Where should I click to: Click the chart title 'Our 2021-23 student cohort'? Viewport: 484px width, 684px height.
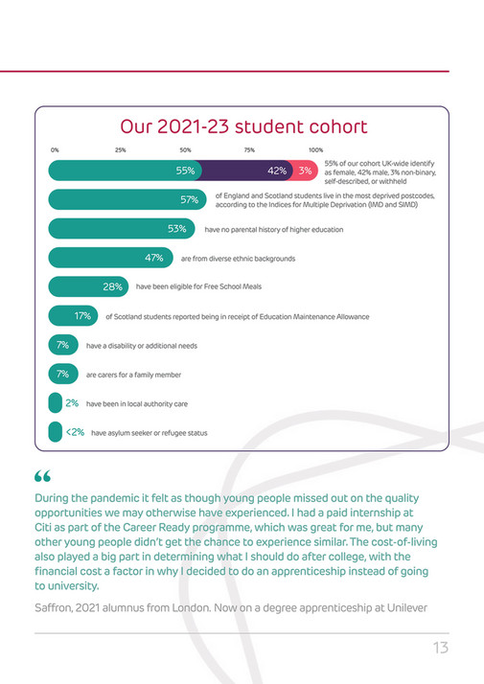click(242, 126)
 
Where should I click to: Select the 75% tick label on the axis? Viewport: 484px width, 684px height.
click(249, 150)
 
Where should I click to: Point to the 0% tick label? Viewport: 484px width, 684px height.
click(55, 150)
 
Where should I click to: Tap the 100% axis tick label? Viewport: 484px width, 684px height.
click(315, 150)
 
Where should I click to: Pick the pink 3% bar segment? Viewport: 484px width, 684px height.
click(306, 171)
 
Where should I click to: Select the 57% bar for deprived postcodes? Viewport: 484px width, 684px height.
click(125, 200)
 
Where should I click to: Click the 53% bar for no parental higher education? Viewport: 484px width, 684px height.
click(120, 230)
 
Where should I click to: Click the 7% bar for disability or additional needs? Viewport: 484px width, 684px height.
click(60, 345)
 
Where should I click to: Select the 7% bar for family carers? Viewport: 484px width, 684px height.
click(60, 375)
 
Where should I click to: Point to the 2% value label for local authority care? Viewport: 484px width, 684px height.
click(72, 403)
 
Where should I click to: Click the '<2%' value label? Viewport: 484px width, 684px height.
click(76, 432)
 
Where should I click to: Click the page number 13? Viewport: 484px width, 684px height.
click(440, 649)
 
